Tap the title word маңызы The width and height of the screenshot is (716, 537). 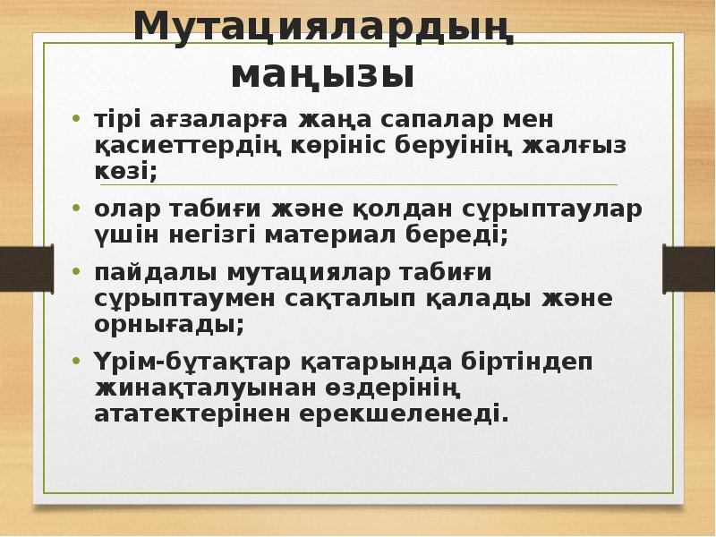(323, 74)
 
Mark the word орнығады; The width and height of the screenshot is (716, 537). (168, 324)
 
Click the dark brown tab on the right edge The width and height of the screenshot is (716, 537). (688, 267)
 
